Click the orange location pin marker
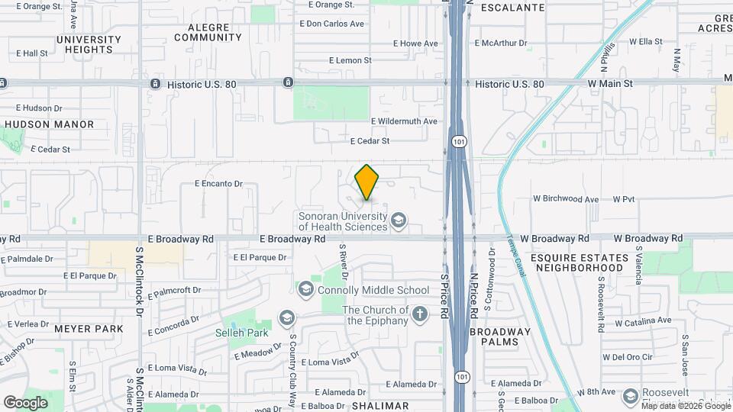click(x=367, y=182)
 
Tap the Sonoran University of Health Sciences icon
click(x=397, y=221)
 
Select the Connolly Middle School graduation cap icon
click(x=306, y=290)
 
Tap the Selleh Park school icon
click(x=286, y=317)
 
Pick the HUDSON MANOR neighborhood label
click(x=50, y=124)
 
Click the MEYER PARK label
click(x=89, y=329)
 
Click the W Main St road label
click(x=609, y=83)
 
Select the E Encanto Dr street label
click(x=218, y=184)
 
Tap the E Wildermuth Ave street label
click(x=404, y=121)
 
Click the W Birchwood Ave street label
click(x=566, y=199)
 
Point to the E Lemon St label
click(x=350, y=60)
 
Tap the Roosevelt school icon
click(x=631, y=397)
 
